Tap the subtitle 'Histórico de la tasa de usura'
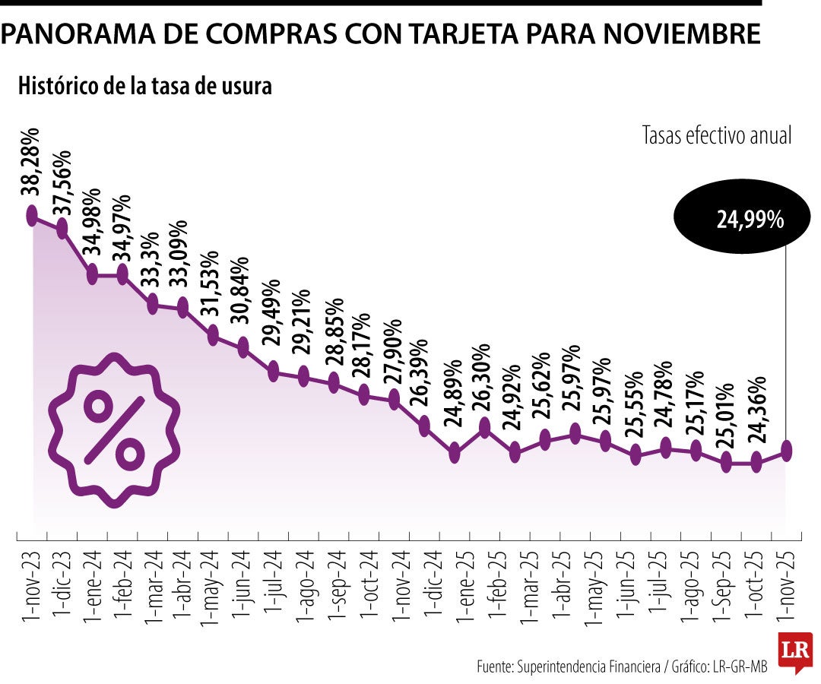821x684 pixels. click(144, 86)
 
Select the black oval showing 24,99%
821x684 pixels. click(731, 220)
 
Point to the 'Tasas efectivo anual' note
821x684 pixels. click(716, 136)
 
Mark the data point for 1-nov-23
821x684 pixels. click(32, 216)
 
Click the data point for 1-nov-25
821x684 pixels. click(786, 451)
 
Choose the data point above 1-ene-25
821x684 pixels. click(455, 454)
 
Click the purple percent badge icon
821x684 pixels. click(114, 429)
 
